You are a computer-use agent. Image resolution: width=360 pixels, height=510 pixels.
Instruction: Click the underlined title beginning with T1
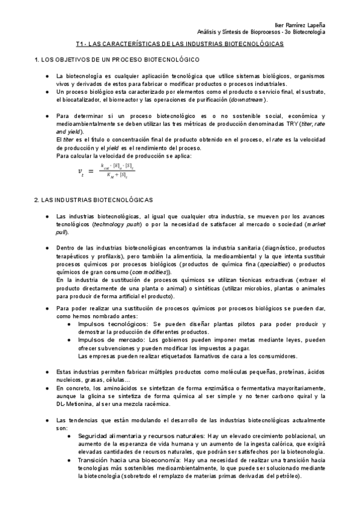click(180, 45)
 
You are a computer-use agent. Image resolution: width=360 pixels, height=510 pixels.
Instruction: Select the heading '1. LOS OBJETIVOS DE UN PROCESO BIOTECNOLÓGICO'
click(118, 61)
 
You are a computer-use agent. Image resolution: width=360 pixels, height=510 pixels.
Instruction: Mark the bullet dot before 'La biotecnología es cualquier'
click(47, 76)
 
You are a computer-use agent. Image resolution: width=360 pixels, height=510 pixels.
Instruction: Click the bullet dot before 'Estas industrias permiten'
click(47, 372)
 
